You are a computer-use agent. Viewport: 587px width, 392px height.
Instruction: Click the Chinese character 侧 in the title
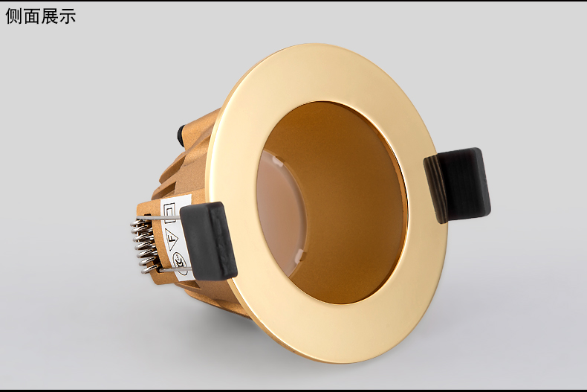(x=14, y=16)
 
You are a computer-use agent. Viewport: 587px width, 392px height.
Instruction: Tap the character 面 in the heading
(x=32, y=16)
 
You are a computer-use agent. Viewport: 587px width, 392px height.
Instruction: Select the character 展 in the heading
(x=50, y=16)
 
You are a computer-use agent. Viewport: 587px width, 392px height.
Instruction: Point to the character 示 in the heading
(x=68, y=16)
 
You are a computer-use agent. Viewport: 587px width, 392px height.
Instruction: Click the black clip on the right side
(x=458, y=185)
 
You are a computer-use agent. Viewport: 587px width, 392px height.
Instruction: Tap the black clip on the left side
(x=209, y=240)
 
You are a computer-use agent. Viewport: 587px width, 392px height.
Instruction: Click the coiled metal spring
(x=144, y=245)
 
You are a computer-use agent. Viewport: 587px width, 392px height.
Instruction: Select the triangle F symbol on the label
(x=172, y=240)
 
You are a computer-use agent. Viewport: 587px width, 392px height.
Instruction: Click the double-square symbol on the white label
(x=169, y=213)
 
